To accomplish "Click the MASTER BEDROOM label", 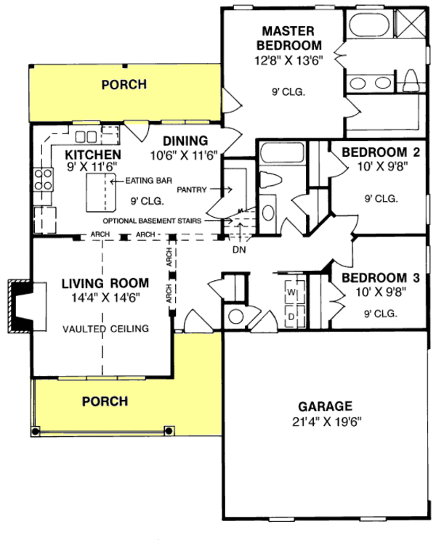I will click(287, 38).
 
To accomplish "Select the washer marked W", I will click(291, 292).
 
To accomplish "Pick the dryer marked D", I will click(291, 316).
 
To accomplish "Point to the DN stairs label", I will click(239, 250).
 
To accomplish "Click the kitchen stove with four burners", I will click(44, 179).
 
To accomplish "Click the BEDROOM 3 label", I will click(371, 278).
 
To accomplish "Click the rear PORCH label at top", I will click(124, 85).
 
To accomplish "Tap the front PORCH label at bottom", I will click(105, 401).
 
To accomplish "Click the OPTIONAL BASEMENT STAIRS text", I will click(153, 220).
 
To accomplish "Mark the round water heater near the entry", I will click(236, 316).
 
